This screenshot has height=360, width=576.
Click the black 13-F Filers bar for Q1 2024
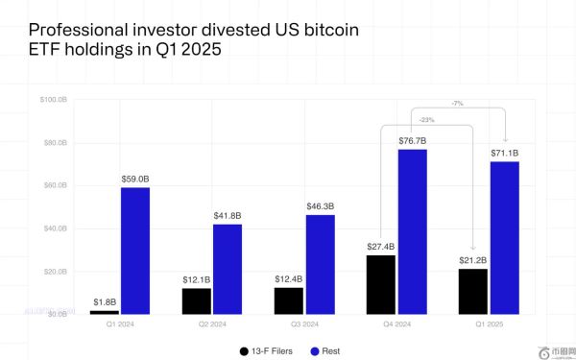click(106, 311)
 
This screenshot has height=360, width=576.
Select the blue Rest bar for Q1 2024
click(134, 251)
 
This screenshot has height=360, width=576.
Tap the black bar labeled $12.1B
click(197, 300)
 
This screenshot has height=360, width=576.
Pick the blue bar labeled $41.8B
click(228, 269)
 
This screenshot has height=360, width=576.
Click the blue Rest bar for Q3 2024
click(321, 264)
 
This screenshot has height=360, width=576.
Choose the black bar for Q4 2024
click(382, 284)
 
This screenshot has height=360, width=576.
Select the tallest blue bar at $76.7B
click(412, 231)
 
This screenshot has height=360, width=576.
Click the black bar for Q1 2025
click(474, 291)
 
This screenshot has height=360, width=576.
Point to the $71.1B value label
click(504, 153)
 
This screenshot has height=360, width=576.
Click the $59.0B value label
click(134, 178)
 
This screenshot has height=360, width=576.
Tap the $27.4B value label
click(381, 246)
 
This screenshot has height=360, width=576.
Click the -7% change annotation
click(459, 103)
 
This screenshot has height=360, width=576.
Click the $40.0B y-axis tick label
click(56, 228)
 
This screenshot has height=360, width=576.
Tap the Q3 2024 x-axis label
click(305, 323)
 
